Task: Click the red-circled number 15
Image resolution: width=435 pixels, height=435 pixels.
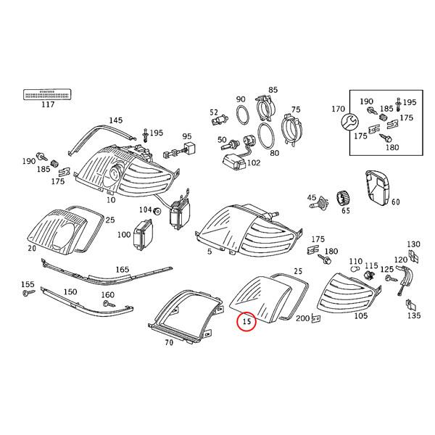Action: [246, 320]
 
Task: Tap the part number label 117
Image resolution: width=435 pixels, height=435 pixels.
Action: [48, 105]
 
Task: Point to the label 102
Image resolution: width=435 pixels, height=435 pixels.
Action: [253, 163]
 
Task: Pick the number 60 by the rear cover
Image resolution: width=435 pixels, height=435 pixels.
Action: [395, 202]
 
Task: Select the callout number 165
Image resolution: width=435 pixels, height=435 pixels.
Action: [123, 269]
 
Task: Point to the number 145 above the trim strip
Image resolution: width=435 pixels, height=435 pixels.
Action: [115, 120]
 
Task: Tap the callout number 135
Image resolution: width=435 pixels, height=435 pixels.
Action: [413, 316]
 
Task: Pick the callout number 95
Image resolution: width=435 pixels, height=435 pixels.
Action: [186, 136]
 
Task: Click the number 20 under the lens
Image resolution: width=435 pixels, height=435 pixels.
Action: [32, 247]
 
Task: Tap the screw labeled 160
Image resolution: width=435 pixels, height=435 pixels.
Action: [107, 306]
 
